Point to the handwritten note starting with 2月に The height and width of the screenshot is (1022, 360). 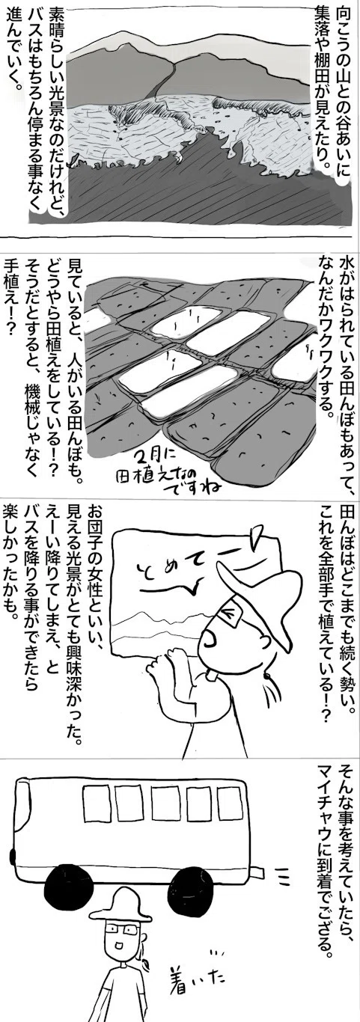coord(169,475)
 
